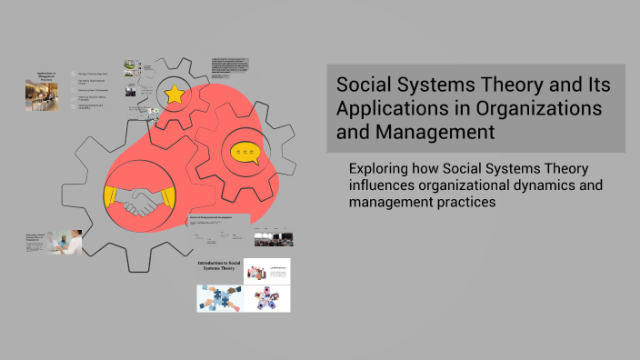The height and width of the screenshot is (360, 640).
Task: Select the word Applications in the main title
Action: tap(388, 109)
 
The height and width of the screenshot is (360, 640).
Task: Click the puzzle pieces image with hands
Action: tap(219, 298)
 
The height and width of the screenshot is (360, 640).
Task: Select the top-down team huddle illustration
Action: tap(267, 298)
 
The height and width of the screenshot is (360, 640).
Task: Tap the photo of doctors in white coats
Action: tap(69, 242)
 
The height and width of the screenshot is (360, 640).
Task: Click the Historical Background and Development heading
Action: tap(219, 217)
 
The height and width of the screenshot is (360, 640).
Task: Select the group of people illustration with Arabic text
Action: tap(267, 270)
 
